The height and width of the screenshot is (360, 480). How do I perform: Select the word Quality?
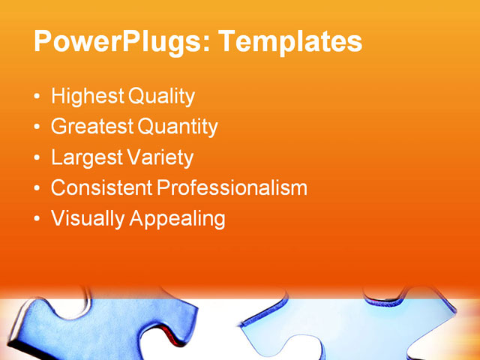pos(161,97)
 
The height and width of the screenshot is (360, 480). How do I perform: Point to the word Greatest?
pos(91,127)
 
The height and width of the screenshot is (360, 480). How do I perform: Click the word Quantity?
pos(177,127)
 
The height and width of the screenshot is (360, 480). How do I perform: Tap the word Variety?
pos(159,158)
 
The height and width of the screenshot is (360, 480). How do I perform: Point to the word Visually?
pos(88,219)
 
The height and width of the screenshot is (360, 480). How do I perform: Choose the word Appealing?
pos(178,219)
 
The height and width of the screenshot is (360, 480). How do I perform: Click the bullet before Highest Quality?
pos(37,97)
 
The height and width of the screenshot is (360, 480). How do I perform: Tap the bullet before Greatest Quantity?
pos(37,128)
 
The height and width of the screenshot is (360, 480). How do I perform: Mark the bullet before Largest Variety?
pos(37,159)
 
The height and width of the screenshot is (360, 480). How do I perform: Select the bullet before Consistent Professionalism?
pos(37,189)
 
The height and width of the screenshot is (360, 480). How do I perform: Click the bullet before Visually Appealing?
pos(37,220)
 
